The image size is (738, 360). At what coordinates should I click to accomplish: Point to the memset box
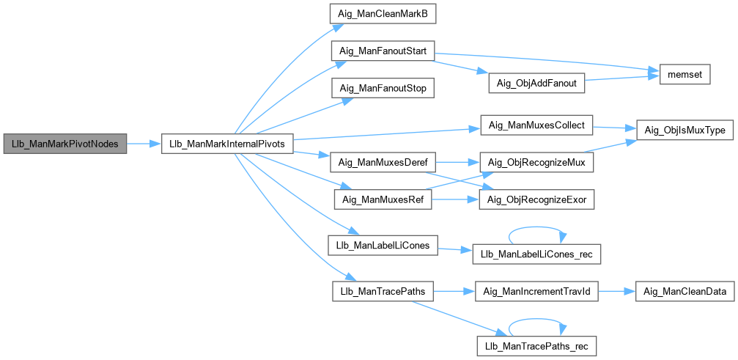(685, 75)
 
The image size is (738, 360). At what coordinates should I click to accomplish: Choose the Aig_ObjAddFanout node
(537, 83)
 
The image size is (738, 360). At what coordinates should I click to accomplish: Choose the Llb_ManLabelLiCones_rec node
(537, 254)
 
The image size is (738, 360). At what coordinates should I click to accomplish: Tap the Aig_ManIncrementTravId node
(537, 291)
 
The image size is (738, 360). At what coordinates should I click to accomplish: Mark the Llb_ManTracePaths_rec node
(537, 343)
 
